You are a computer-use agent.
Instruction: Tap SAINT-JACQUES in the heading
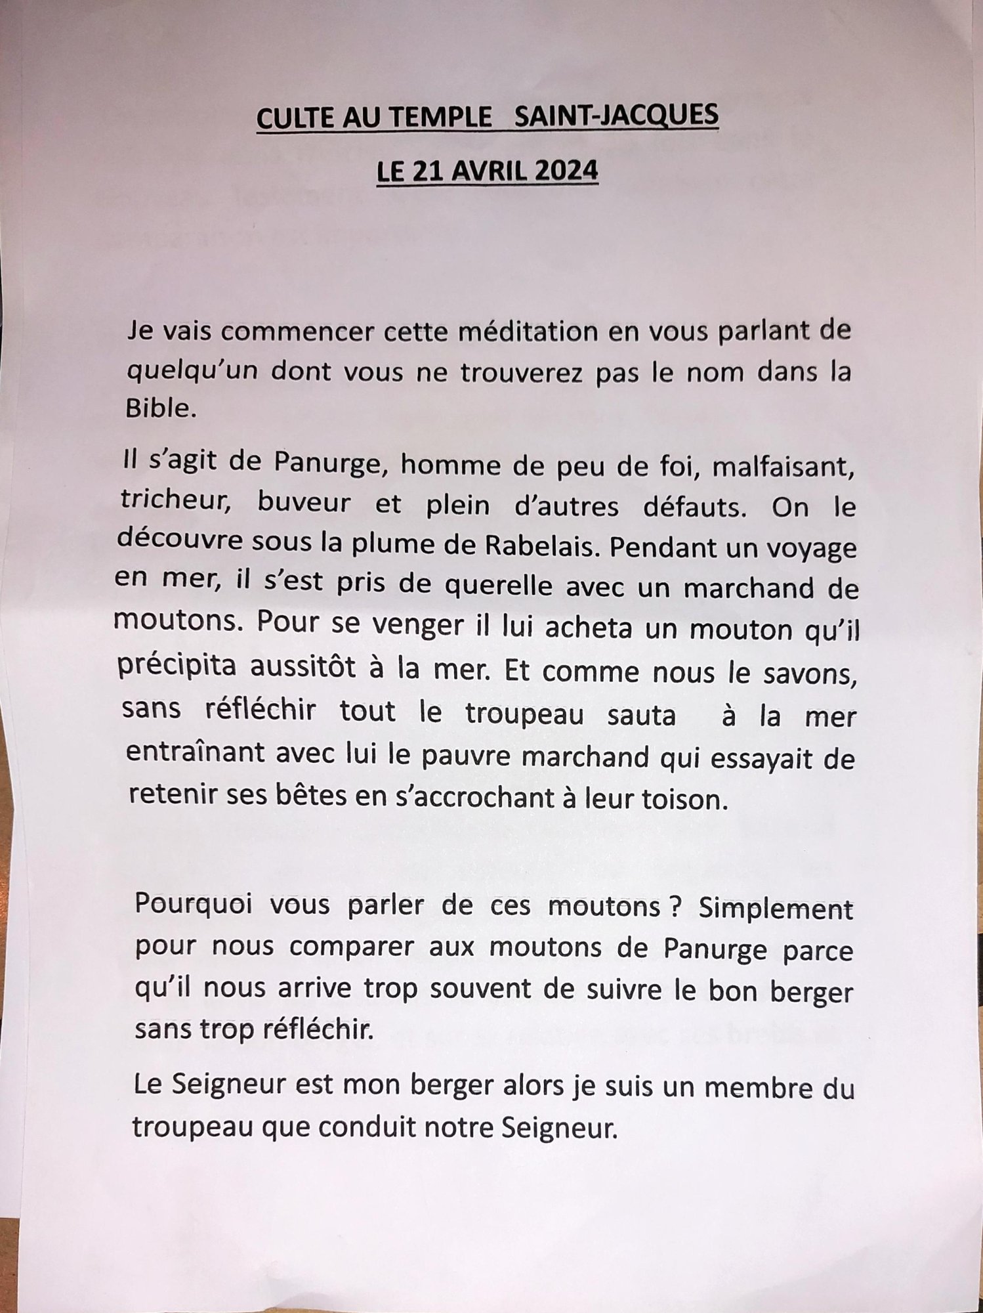coord(616,116)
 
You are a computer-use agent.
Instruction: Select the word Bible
coord(161,409)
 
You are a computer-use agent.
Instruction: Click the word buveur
coord(303,504)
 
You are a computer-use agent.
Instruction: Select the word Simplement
coord(776,909)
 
